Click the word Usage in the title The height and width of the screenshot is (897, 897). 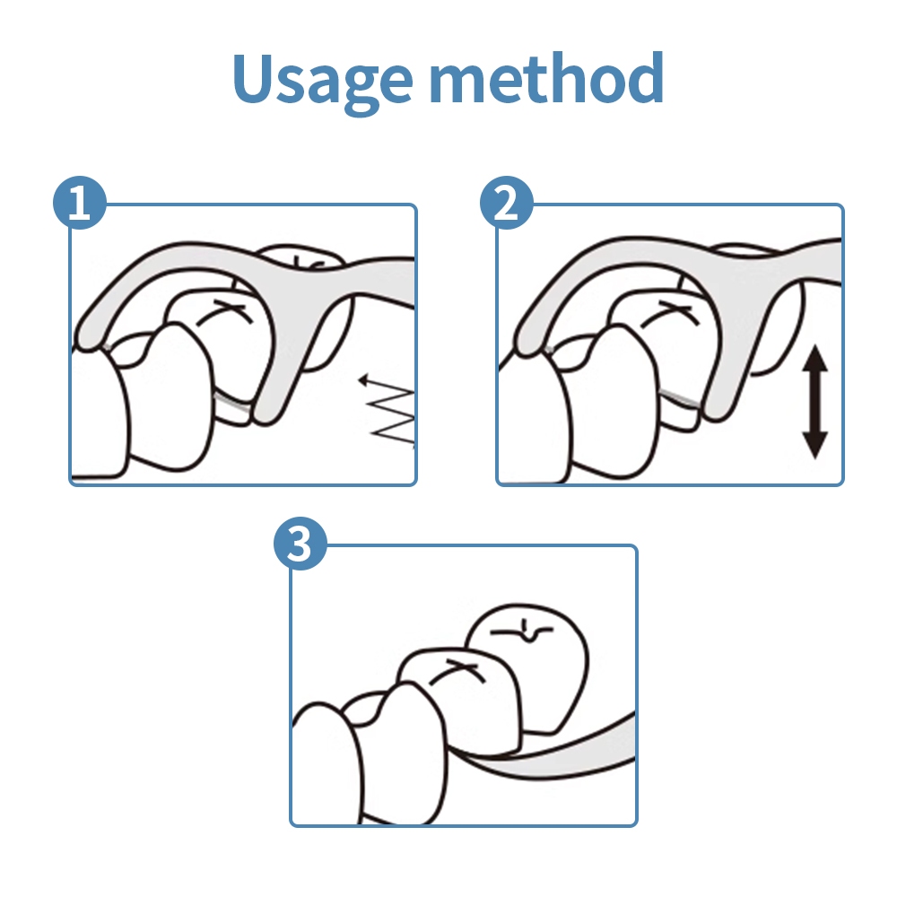(322, 80)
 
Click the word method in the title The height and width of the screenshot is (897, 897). (546, 76)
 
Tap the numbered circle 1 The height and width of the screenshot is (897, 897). (80, 203)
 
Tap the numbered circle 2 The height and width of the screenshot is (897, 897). (506, 203)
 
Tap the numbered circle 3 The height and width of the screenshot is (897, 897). (300, 544)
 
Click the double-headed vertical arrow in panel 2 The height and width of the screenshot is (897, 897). (815, 402)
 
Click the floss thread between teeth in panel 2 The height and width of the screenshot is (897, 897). (679, 398)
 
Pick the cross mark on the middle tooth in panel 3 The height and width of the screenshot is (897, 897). (457, 670)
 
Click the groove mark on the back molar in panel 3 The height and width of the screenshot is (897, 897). (522, 631)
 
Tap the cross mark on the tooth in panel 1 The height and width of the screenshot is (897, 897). (226, 312)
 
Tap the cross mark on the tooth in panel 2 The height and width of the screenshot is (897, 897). (670, 313)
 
